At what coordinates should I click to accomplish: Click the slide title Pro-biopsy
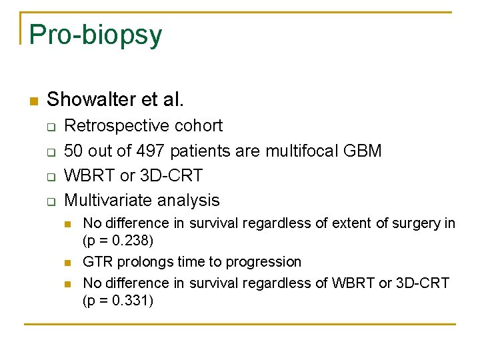(x=95, y=35)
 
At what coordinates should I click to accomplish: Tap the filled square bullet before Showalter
(x=33, y=101)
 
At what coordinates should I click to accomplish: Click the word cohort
(x=199, y=125)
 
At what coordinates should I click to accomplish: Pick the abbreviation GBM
(x=362, y=151)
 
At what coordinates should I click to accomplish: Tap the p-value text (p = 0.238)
(x=118, y=239)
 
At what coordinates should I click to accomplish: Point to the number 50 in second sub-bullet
(x=73, y=151)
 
